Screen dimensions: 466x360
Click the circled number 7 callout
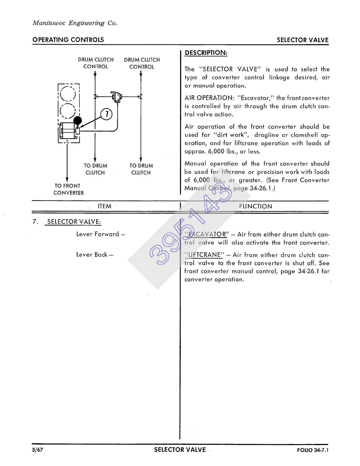point(106,114)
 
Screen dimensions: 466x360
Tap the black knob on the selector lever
point(78,120)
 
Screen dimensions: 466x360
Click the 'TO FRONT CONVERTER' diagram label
point(68,189)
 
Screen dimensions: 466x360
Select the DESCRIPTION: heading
point(206,53)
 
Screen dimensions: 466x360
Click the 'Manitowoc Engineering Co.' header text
point(75,23)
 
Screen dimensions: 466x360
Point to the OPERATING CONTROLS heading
point(68,40)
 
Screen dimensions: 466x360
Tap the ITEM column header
point(104,206)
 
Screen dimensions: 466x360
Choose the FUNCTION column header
point(256,207)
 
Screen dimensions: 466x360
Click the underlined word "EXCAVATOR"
point(207,234)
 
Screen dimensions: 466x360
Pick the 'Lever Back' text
point(94,255)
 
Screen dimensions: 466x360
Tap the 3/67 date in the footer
point(38,450)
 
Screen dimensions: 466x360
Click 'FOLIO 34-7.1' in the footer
point(313,450)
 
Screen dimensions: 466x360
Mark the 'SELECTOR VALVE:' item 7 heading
point(74,222)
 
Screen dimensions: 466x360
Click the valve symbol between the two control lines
point(117,96)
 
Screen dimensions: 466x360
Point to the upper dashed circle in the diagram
point(68,94)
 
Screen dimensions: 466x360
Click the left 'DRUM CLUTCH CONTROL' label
point(96,63)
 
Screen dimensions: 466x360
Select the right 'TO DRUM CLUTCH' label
point(141,169)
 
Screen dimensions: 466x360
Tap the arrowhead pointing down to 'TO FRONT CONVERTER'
point(67,179)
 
